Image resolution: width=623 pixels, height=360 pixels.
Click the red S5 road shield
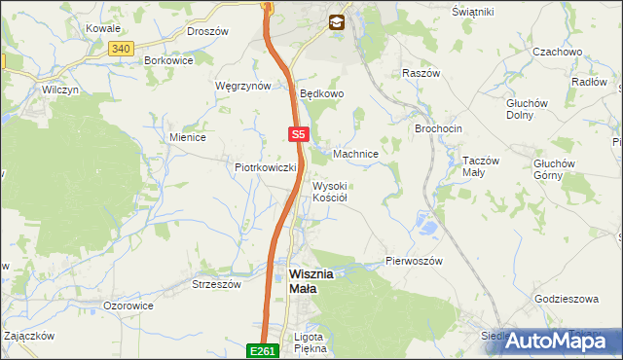click(x=299, y=135)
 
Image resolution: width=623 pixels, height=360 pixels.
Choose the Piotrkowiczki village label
click(x=265, y=167)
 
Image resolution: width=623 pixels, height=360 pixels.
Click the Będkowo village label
click(x=322, y=94)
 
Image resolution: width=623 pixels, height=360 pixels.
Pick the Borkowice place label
click(x=168, y=59)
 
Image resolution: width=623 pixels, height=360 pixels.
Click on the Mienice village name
click(x=188, y=137)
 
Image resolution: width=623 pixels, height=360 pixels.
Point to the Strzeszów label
click(x=216, y=284)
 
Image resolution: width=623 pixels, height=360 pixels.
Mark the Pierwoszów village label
click(x=415, y=262)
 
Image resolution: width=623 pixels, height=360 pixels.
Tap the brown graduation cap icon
click(x=336, y=20)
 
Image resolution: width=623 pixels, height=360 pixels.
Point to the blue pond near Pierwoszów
click(x=424, y=228)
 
